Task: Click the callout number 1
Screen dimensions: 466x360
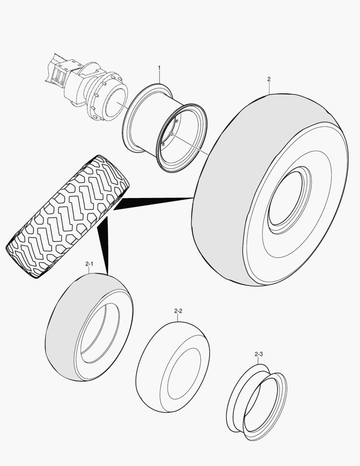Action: [159, 68]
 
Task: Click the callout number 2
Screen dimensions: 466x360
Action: [269, 79]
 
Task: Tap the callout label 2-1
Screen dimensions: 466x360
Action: [89, 263]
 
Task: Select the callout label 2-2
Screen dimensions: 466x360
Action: [178, 311]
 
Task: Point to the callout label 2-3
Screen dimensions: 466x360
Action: [259, 354]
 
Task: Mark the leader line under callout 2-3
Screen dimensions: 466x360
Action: [259, 361]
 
